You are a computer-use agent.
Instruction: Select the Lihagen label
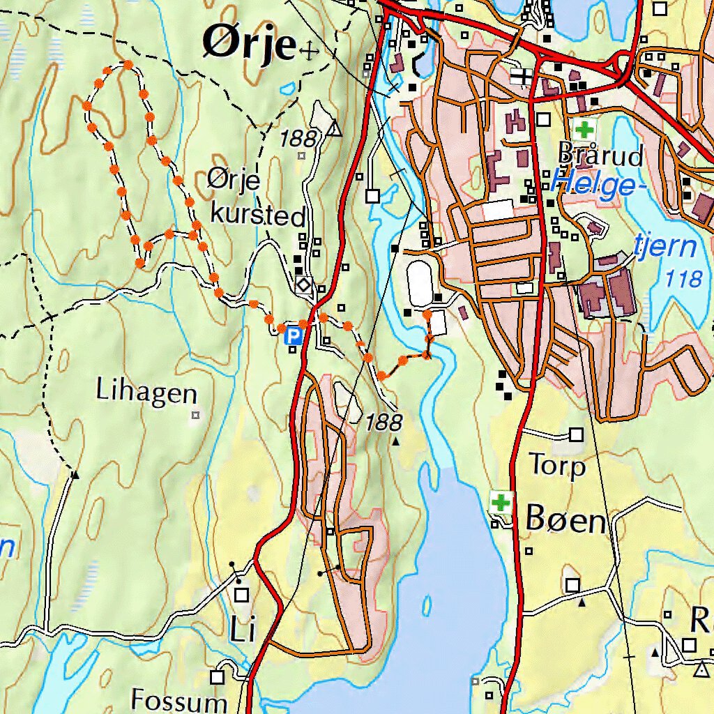coord(146,392)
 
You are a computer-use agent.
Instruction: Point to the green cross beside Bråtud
coord(584,129)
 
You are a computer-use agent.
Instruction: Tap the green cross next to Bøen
coord(500,501)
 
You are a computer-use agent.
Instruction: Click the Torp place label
coord(557,464)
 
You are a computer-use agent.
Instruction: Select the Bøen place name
coord(565,519)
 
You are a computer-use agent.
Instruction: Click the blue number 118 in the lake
coord(683,279)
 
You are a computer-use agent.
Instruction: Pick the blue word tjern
coord(666,246)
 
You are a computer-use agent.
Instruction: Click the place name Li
coord(242,630)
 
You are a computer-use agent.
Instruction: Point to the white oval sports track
coord(420,282)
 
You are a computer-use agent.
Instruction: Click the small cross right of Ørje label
coord(307,50)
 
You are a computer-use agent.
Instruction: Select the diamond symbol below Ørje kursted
coord(303,284)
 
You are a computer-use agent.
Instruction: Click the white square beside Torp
coord(576,435)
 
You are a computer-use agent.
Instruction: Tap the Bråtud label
coord(600,155)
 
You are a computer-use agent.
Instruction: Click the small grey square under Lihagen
coord(195,416)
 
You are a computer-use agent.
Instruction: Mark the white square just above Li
coord(242,595)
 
